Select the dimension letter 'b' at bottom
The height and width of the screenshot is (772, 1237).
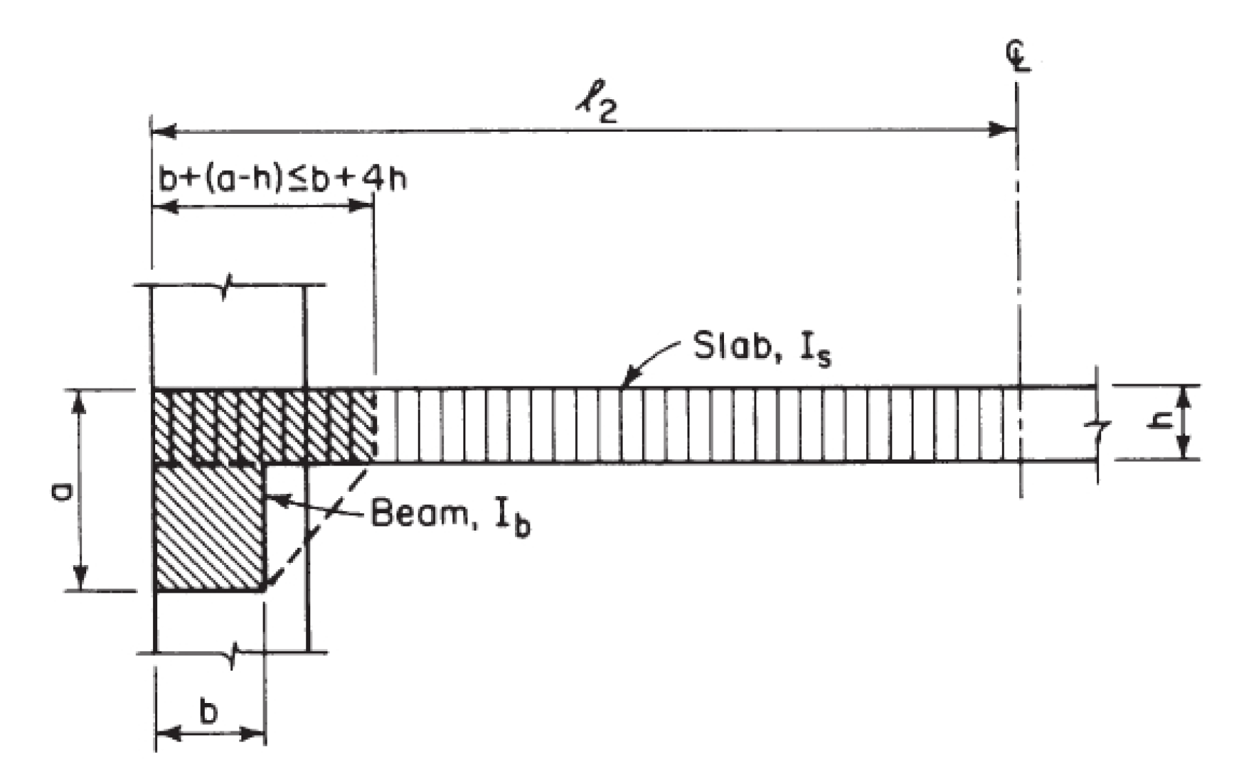(x=208, y=711)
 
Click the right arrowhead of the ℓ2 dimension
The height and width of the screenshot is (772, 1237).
(x=1003, y=130)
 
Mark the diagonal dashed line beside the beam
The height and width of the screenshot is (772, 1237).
(x=317, y=524)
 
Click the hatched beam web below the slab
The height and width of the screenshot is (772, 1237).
(x=210, y=528)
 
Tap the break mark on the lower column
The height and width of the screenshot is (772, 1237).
(x=234, y=651)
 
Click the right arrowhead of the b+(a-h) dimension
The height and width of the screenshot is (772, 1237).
(x=361, y=206)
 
